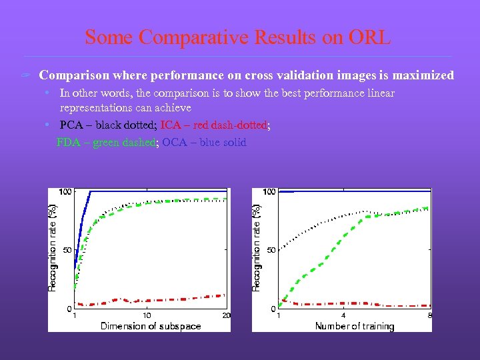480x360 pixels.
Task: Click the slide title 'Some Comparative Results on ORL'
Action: pyautogui.click(x=238, y=37)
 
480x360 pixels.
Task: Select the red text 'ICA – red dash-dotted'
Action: pyautogui.click(x=214, y=125)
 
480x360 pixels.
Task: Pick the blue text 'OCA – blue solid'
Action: pyautogui.click(x=204, y=142)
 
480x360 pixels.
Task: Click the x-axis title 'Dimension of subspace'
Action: pyautogui.click(x=151, y=326)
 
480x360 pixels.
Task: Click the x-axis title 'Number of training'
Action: pyautogui.click(x=355, y=326)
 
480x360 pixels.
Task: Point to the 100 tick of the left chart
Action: pyautogui.click(x=65, y=192)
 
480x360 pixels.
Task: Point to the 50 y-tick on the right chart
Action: pyautogui.click(x=270, y=250)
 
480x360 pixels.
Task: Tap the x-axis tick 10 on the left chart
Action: pyautogui.click(x=147, y=315)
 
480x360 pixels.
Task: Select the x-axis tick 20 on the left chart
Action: pyautogui.click(x=227, y=315)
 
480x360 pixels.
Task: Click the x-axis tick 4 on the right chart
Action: pyautogui.click(x=343, y=315)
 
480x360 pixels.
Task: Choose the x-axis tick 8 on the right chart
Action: pyautogui.click(x=430, y=315)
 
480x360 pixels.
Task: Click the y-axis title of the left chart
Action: pyautogui.click(x=53, y=247)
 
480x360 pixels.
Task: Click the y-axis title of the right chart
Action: pyautogui.click(x=256, y=247)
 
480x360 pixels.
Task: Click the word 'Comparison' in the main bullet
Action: pyautogui.click(x=73, y=75)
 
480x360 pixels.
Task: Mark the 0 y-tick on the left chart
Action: pyautogui.click(x=68, y=309)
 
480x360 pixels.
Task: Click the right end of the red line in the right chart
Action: pyautogui.click(x=429, y=305)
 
